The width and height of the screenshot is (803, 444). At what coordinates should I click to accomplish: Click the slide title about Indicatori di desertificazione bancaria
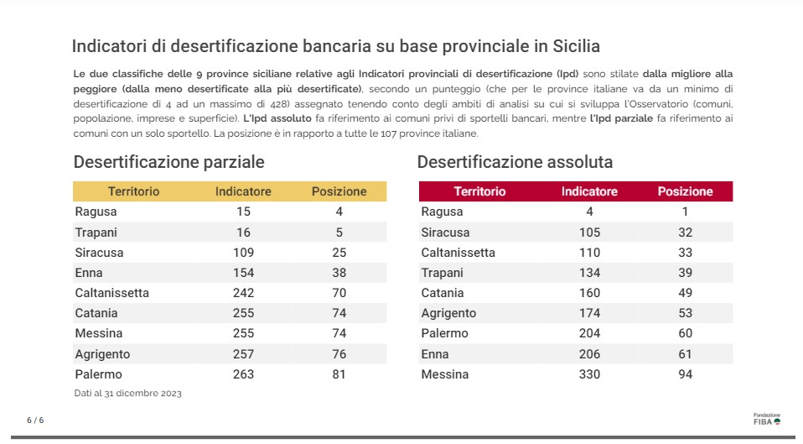(336, 45)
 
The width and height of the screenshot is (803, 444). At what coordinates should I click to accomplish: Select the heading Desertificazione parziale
(169, 162)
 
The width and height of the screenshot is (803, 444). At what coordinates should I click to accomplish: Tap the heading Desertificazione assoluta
(515, 162)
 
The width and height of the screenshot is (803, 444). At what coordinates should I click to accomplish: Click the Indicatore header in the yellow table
(243, 191)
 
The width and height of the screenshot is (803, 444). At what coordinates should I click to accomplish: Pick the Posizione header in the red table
(685, 191)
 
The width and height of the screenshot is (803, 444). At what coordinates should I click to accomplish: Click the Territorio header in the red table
(479, 191)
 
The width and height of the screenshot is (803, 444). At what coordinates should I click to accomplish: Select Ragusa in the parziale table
(96, 212)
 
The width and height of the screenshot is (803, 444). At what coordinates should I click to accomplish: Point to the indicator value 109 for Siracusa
(243, 253)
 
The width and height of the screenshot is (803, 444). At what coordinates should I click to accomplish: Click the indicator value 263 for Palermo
(243, 374)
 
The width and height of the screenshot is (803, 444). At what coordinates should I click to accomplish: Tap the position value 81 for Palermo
(339, 374)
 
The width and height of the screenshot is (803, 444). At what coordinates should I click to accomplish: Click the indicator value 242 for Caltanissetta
(243, 293)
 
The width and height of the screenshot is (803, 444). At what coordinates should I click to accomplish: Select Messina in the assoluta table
(444, 374)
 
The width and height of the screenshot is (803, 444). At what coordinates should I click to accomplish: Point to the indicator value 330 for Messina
(589, 374)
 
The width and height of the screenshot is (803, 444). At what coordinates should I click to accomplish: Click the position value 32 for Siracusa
(685, 232)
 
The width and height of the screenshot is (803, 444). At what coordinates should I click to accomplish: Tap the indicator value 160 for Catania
(589, 293)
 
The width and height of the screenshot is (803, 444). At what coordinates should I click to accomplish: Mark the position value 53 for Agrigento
(685, 313)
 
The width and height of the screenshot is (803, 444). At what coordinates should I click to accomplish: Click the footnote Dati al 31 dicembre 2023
(127, 393)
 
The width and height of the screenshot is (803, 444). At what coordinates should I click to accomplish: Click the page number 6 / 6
(35, 420)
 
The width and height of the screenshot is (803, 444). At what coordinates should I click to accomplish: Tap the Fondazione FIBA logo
(766, 419)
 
